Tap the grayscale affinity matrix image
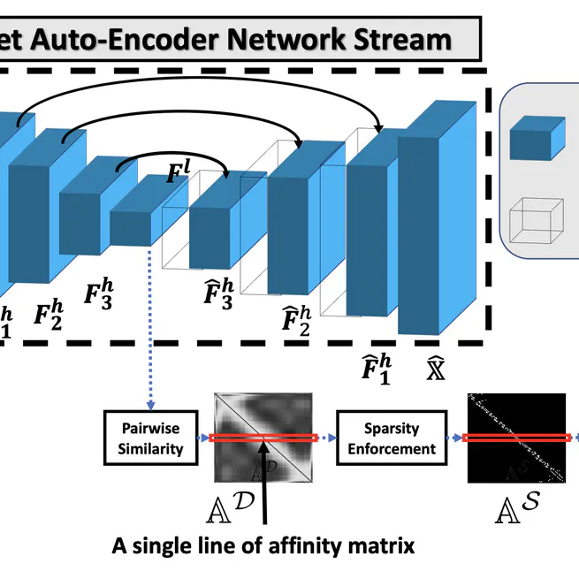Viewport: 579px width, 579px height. pos(263,438)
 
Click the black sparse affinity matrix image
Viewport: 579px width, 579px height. pos(515,438)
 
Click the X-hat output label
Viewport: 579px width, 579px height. pos(435,366)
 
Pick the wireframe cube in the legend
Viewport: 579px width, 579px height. pos(537,218)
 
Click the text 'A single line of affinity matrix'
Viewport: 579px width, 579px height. pos(263,545)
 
